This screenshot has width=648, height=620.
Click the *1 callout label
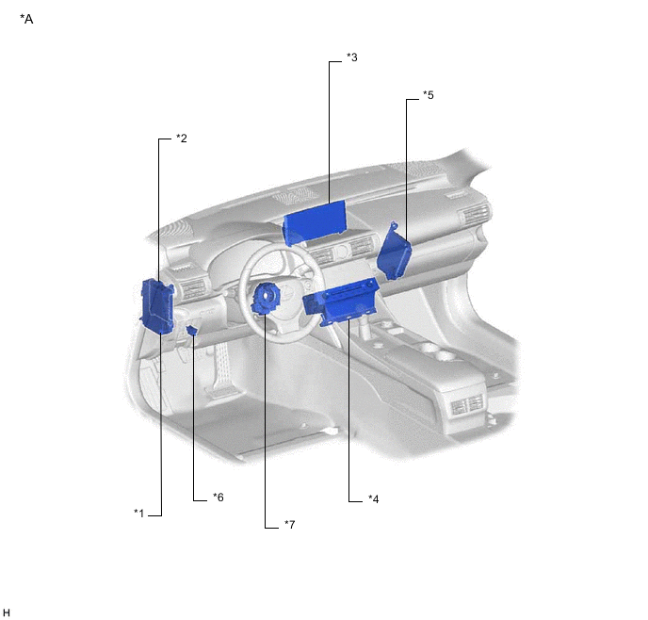[138, 514]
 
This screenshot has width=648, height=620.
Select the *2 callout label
[182, 139]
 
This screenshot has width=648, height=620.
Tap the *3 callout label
[352, 57]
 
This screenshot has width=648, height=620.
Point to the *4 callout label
[374, 498]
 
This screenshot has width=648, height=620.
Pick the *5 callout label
[429, 95]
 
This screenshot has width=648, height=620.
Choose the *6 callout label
[219, 497]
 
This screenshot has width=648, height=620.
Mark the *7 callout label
[290, 524]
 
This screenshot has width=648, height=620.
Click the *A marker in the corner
[26, 19]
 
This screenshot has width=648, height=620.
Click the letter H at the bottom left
[7, 612]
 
